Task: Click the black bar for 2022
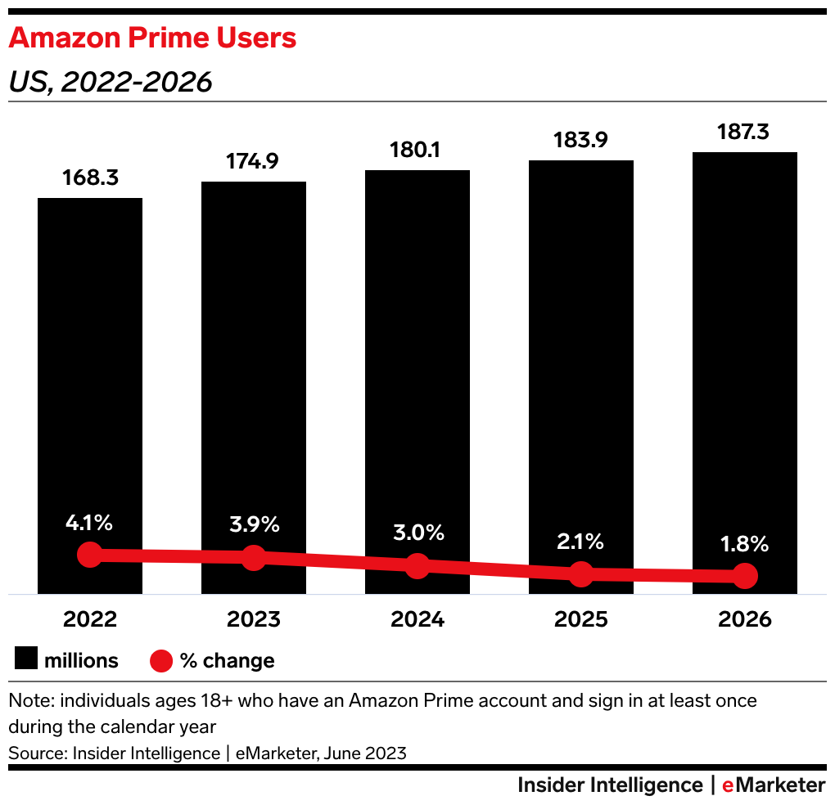pos(90,368)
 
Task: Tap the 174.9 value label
pos(254,162)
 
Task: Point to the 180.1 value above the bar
pos(417,151)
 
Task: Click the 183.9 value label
pos(581,141)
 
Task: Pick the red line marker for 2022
pos(90,555)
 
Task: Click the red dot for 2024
pos(417,565)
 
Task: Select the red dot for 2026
pos(745,576)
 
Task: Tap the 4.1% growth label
pos(90,523)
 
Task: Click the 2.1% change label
pos(581,541)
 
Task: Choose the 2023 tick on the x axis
pos(254,619)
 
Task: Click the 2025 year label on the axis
pos(581,619)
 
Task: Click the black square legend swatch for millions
pos(25,660)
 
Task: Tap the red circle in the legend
pos(161,660)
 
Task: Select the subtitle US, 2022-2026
pos(111,82)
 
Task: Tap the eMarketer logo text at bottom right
pos(773,785)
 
